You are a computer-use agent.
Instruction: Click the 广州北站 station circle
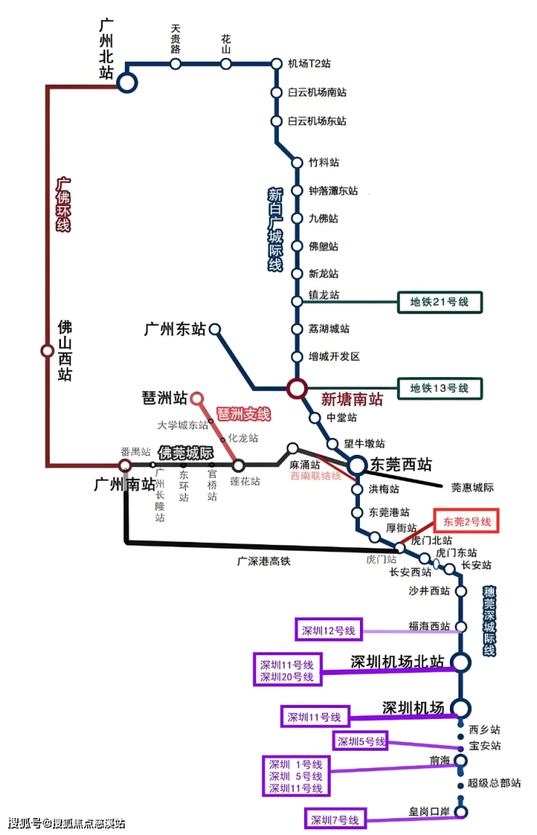point(127,83)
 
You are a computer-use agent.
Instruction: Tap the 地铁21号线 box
point(440,302)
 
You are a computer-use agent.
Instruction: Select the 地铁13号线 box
point(440,388)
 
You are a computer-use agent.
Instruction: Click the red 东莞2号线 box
point(467,522)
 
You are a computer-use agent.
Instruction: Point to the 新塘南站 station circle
point(296,389)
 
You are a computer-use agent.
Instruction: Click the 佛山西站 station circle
point(47,351)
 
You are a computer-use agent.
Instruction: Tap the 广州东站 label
point(175,329)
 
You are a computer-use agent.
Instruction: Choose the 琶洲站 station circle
point(196,398)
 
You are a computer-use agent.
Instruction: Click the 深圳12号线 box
point(328,630)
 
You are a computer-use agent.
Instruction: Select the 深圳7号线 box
point(335,820)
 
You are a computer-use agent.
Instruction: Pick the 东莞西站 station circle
point(357,465)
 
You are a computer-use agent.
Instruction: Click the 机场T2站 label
point(309,64)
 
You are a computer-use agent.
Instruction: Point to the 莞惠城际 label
point(472,488)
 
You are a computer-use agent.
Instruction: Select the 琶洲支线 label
point(243,414)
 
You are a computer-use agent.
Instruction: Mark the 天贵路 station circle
point(176,64)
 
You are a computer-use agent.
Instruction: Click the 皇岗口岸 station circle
point(460,813)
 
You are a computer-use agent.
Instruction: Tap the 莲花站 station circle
point(238,465)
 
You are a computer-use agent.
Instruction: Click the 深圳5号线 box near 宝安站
point(361,741)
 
